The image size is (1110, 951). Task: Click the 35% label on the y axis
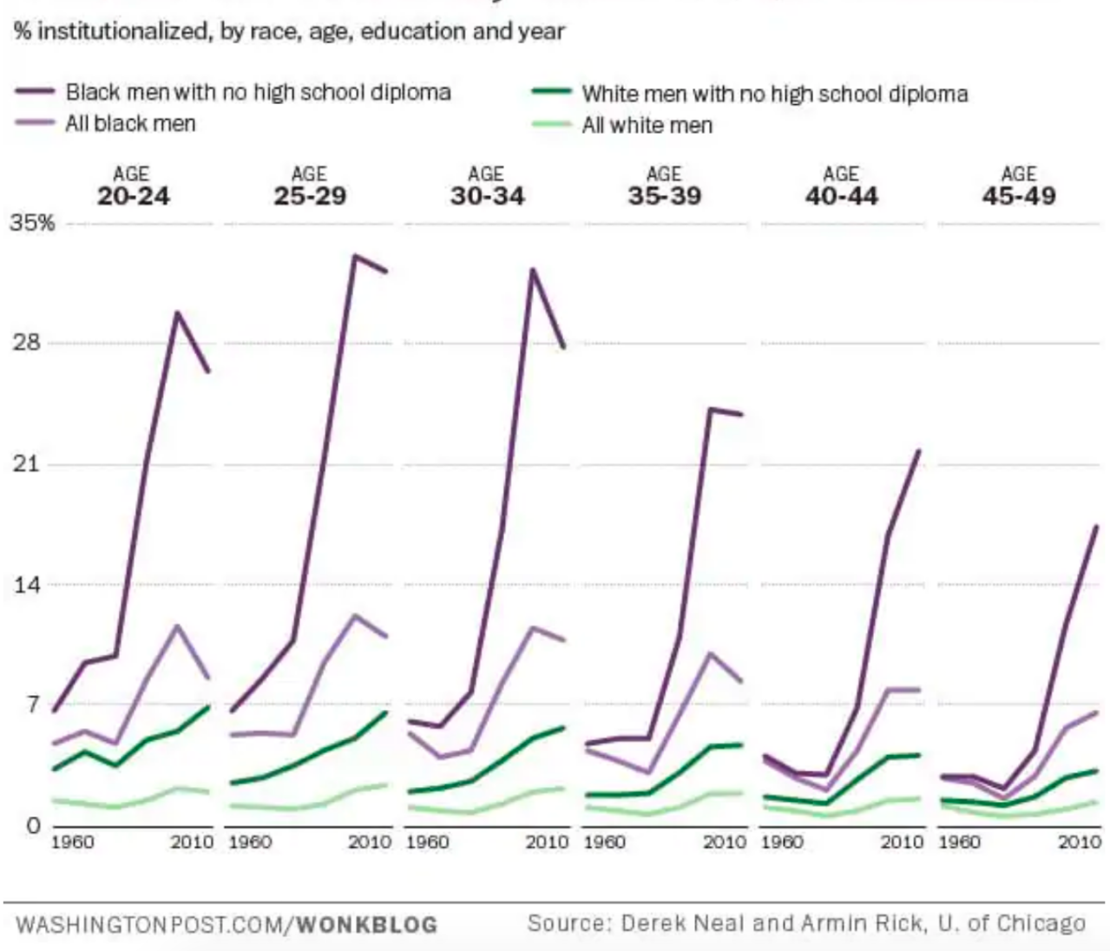32,223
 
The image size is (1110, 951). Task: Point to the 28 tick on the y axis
26,343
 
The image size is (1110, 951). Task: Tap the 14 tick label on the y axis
26,585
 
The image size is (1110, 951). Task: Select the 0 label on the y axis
33,825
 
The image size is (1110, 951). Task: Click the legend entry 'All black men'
130,124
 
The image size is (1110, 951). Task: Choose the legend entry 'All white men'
647,126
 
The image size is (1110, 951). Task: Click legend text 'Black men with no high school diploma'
258,92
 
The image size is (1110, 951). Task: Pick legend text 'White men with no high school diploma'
774,94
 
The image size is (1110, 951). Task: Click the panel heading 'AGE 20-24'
133,187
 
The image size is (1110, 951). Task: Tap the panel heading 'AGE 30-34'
487,187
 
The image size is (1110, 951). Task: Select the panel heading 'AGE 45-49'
1019,187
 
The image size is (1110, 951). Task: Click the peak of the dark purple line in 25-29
354,256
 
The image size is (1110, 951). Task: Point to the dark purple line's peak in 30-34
532,270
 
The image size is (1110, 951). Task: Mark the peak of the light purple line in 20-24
177,626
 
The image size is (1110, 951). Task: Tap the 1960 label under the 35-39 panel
605,842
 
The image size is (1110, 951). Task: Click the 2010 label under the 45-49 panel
1080,842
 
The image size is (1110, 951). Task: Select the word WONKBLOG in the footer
366,925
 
